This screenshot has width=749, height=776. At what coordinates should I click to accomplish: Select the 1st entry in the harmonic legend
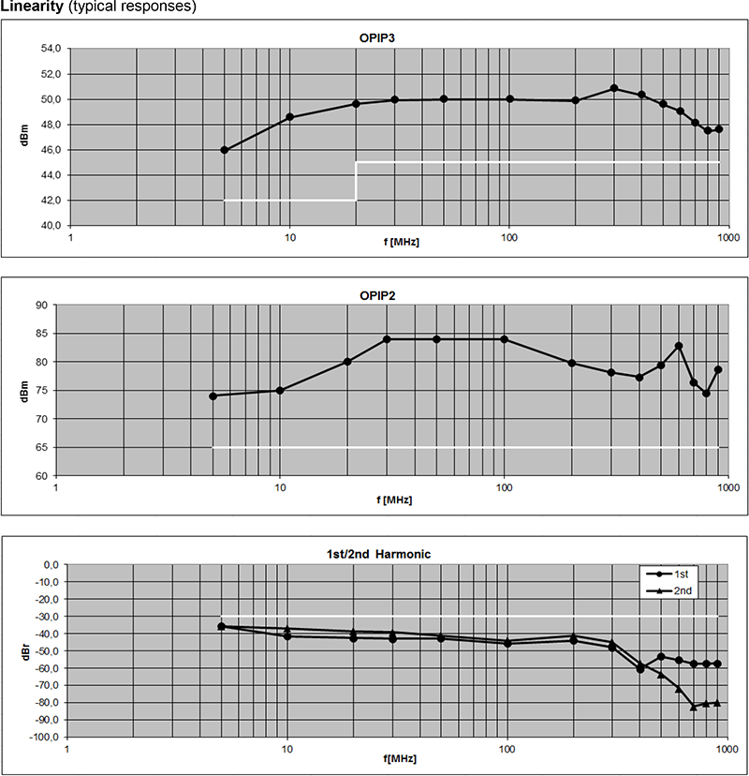click(682, 573)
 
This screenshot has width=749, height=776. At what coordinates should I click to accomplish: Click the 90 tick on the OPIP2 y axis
click(40, 306)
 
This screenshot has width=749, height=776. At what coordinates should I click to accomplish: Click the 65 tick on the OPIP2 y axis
click(40, 448)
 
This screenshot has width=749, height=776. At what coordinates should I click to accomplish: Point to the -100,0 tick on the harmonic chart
click(42, 737)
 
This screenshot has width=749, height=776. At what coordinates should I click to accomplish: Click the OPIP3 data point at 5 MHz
click(225, 150)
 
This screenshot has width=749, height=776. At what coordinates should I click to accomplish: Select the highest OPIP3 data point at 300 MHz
click(614, 88)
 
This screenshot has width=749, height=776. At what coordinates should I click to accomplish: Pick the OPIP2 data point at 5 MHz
click(213, 395)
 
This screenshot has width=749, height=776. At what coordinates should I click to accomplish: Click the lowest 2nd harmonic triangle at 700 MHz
click(694, 707)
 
